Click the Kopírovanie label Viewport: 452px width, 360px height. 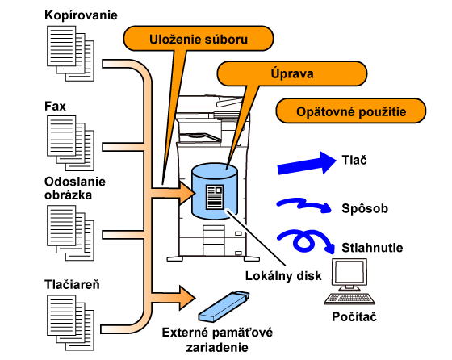81,15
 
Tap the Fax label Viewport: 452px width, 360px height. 55,107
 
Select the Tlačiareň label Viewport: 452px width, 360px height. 72,284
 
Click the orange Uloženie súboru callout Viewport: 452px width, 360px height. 199,39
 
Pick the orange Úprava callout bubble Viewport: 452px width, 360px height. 291,73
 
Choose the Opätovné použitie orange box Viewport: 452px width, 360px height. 351,111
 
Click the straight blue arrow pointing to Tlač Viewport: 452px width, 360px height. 307,163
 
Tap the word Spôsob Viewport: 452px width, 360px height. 365,208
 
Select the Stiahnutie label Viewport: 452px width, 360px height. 372,248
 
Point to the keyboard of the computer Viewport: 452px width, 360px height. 349,299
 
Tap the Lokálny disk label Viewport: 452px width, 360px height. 283,276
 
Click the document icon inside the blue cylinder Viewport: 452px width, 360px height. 215,197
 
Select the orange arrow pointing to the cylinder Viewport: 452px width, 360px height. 173,193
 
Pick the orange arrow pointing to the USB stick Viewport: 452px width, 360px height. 173,298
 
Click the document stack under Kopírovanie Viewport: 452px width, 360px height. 70,53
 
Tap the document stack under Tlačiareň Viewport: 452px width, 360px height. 70,323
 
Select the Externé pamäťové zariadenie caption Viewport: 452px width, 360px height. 217,340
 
